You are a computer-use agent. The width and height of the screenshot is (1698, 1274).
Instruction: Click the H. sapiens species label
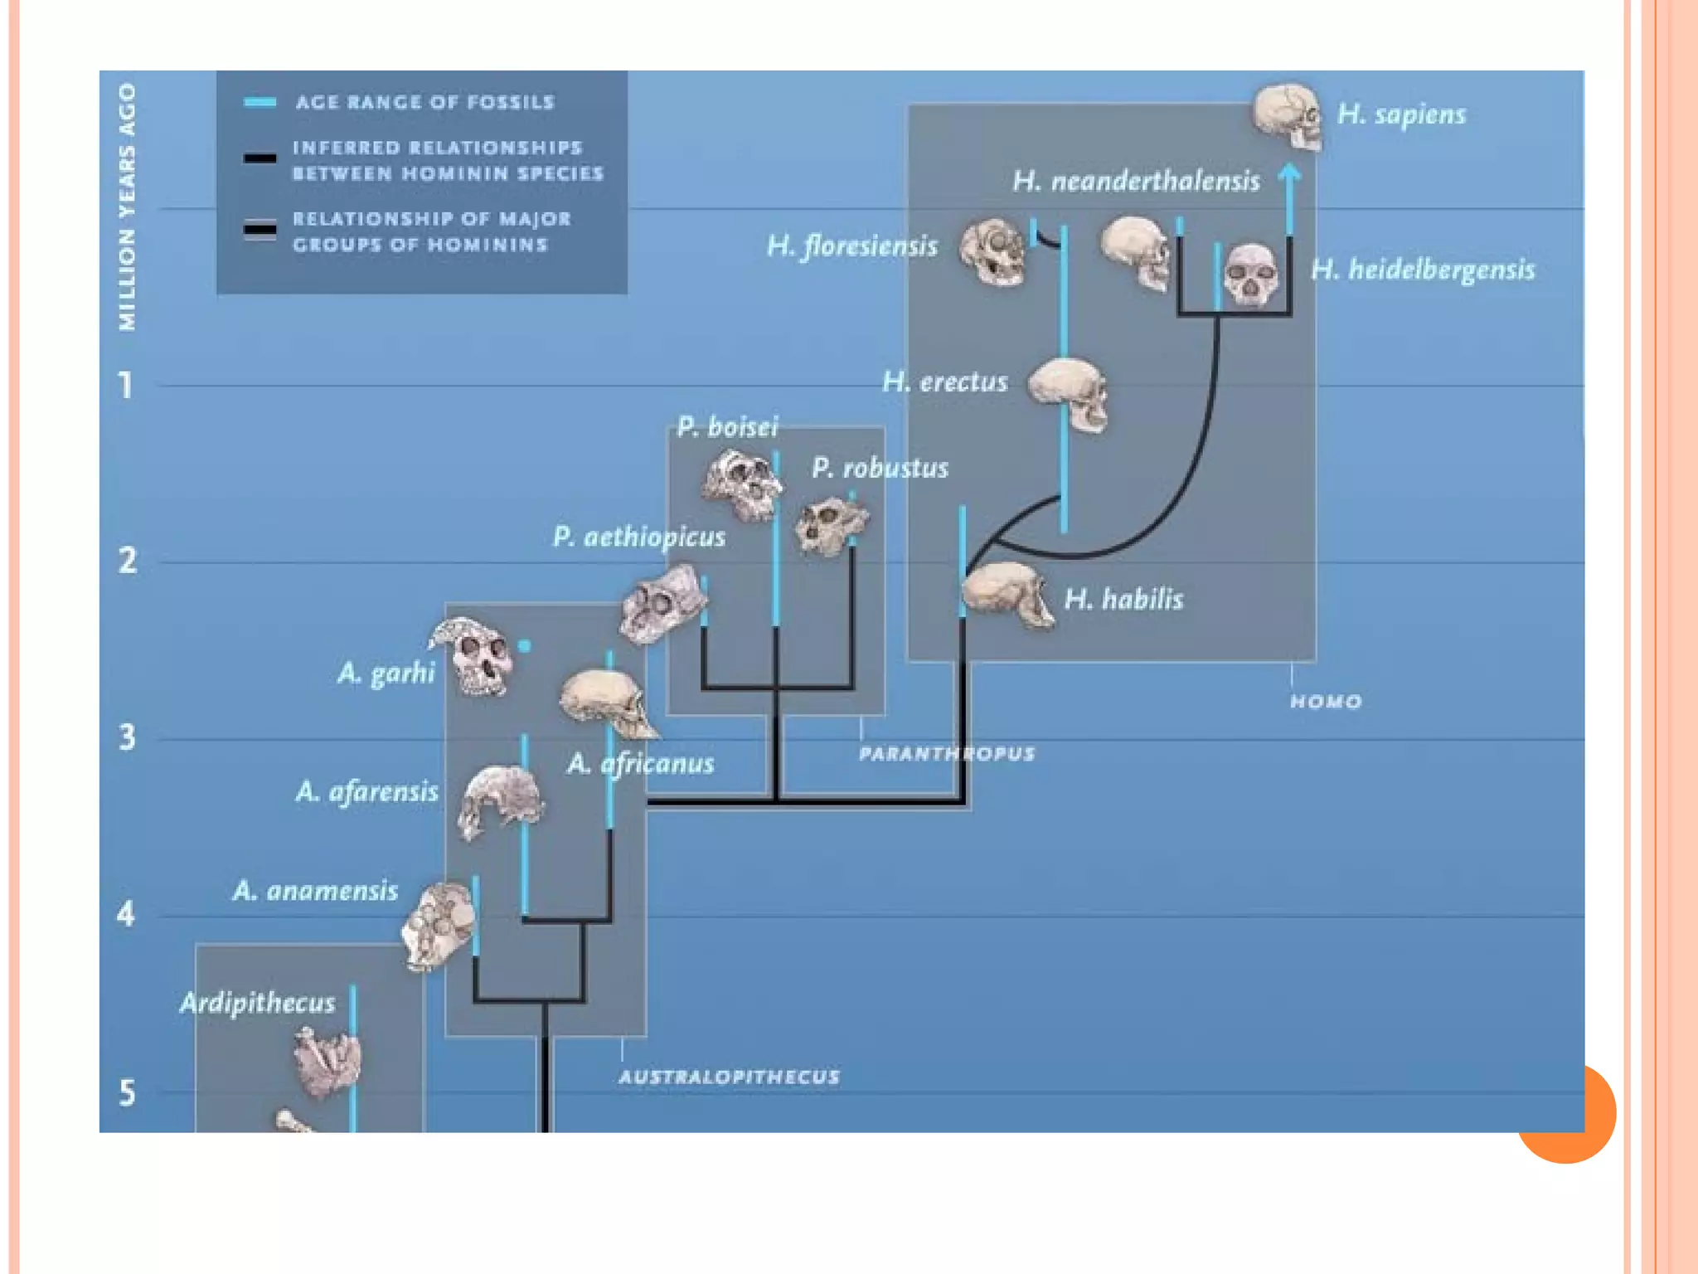[1401, 114]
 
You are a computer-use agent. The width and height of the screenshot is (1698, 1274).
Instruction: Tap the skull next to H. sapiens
[1287, 116]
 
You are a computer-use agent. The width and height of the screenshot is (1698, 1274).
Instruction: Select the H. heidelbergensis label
[1423, 270]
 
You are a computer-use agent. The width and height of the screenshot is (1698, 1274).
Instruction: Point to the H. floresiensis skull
[992, 251]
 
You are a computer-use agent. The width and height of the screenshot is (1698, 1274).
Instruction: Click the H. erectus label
[944, 382]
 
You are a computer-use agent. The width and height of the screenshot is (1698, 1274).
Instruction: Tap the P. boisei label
[727, 427]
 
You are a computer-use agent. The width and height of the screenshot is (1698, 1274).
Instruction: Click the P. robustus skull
[830, 525]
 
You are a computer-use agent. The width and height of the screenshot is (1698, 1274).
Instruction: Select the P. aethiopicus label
[638, 537]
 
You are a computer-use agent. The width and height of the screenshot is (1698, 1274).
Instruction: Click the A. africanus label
[640, 763]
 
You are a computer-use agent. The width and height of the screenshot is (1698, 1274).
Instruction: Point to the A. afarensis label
[366, 791]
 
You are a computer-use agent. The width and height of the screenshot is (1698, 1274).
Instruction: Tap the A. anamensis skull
[438, 926]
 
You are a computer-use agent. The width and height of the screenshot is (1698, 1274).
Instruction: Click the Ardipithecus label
[257, 1003]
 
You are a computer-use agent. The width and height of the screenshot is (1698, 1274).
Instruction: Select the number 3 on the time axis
[127, 737]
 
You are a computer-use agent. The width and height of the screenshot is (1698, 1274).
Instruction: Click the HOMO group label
[1325, 702]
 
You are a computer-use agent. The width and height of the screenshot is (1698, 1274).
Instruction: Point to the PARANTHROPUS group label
[946, 754]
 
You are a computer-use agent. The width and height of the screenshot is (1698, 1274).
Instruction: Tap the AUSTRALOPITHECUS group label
[729, 1077]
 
